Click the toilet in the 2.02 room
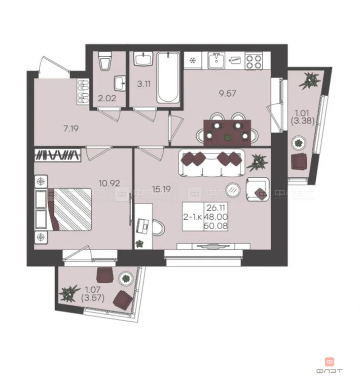(105, 62)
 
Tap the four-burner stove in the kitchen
(254, 61)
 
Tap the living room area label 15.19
(160, 189)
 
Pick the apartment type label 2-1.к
(193, 216)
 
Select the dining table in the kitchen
(226, 131)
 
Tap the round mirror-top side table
(232, 189)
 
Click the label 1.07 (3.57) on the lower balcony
(92, 294)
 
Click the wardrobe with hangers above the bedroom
(58, 154)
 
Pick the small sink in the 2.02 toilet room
(121, 82)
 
